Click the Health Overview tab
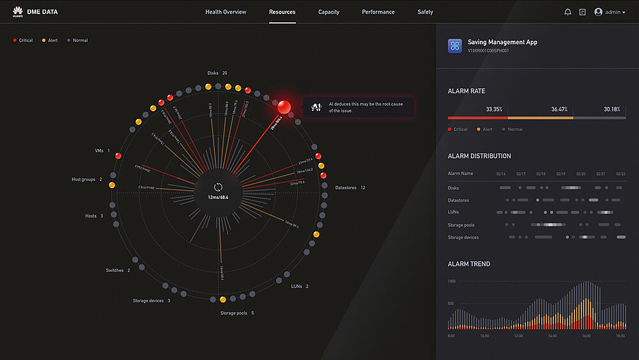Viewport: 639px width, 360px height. point(226,12)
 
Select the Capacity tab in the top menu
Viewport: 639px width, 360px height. point(328,12)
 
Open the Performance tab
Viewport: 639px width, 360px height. point(378,12)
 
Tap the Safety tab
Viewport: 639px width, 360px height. point(425,12)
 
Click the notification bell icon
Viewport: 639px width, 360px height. point(567,12)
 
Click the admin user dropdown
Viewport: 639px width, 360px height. point(610,12)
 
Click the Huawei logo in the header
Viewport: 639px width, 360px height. point(17,12)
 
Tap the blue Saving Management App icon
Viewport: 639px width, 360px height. point(455,45)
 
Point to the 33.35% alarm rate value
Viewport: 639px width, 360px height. point(494,109)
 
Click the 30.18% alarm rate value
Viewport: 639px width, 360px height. point(612,109)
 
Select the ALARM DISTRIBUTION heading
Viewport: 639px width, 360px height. point(479,156)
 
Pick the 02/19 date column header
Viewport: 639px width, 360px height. point(561,174)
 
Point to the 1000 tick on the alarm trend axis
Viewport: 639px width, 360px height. point(451,281)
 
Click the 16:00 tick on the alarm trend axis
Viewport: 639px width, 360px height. point(585,336)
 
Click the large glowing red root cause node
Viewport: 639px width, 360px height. point(284,106)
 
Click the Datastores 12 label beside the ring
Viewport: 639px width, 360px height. point(350,188)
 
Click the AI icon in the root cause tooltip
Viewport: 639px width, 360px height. point(316,106)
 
